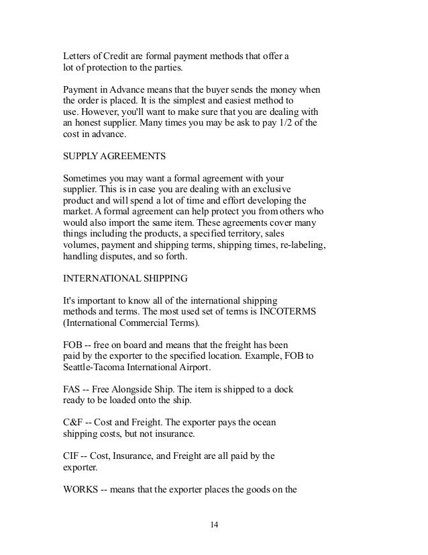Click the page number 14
(x=213, y=524)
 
